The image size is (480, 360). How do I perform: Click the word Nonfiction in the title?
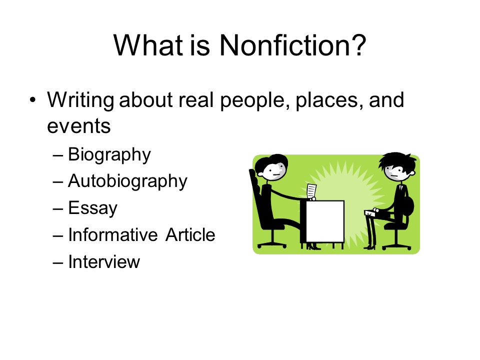(x=292, y=45)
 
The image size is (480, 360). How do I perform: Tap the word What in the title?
(x=148, y=45)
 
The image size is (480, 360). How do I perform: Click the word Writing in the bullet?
(x=80, y=100)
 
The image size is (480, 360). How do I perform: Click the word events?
(x=78, y=126)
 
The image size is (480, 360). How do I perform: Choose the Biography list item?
(x=109, y=155)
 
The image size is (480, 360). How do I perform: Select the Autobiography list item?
(x=127, y=181)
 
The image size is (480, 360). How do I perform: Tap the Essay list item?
(x=92, y=208)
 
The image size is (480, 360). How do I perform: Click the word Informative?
(x=112, y=235)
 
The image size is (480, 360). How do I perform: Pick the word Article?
(x=190, y=235)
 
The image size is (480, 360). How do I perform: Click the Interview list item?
(x=104, y=261)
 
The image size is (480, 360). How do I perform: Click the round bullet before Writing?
(x=33, y=100)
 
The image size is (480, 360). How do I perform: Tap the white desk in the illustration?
(x=325, y=221)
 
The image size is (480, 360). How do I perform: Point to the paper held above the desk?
(x=311, y=191)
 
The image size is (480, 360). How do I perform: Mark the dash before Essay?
(x=58, y=209)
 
